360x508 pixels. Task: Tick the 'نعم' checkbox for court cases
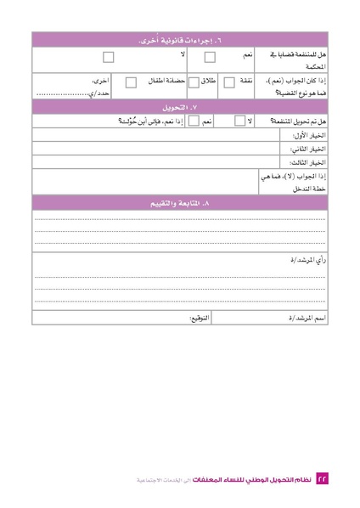(210, 58)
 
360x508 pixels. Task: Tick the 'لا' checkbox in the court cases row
(108, 58)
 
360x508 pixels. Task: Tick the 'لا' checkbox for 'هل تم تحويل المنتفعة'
(239, 121)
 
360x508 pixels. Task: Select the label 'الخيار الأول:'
(309, 135)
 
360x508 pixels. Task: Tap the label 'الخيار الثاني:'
(309, 148)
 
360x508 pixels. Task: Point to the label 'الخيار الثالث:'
(309, 161)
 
